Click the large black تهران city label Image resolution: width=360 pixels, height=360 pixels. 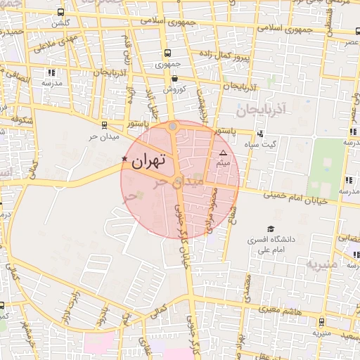click(x=148, y=161)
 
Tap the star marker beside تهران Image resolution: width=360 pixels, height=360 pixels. click(x=125, y=159)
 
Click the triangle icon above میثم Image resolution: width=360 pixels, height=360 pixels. click(x=224, y=153)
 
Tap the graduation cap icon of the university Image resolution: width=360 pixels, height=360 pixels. click(x=270, y=229)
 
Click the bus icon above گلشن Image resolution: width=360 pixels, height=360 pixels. click(x=61, y=12)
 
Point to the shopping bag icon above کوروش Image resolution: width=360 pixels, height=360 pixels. click(x=174, y=78)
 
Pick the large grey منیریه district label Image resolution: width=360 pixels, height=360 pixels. click(x=322, y=264)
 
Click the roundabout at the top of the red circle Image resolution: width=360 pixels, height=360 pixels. click(x=173, y=127)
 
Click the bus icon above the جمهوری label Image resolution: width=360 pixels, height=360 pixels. click(x=167, y=53)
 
